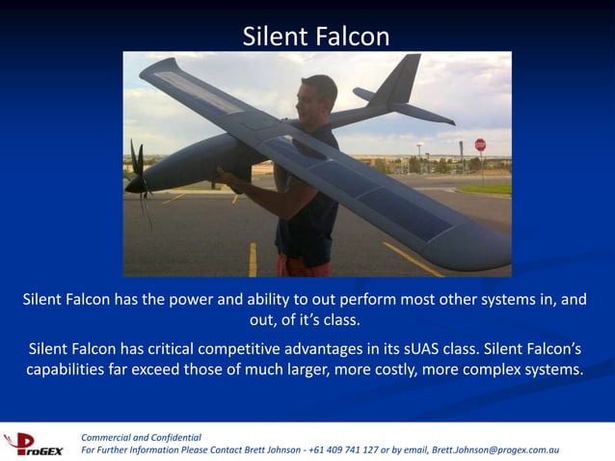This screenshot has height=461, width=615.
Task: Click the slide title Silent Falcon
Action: [x=316, y=37]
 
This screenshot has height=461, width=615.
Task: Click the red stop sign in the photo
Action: [x=480, y=145]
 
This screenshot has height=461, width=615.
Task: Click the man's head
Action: [x=317, y=95]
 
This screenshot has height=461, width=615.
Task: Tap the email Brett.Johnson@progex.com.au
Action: [x=495, y=450]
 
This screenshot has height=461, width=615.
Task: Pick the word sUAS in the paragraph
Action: [x=450, y=348]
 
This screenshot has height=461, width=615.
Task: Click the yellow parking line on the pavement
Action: [x=254, y=258]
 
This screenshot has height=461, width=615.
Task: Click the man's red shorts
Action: [x=301, y=266]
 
